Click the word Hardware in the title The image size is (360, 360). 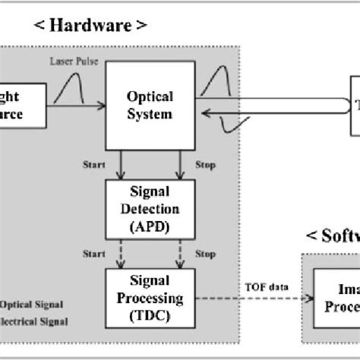(90, 27)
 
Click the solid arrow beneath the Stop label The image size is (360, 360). (178, 166)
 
